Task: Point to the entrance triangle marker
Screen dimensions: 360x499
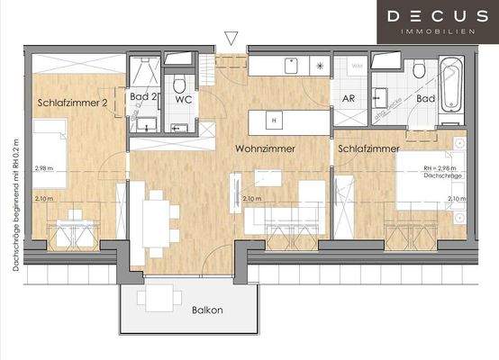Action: point(231,39)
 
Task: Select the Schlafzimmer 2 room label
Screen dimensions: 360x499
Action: point(73,103)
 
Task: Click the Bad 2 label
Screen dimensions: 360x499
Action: point(144,96)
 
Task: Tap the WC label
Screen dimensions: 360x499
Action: point(184,99)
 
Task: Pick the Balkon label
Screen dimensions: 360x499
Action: point(208,310)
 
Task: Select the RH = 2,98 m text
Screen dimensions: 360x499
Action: point(440,168)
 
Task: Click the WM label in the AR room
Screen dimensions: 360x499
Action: point(357,66)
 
